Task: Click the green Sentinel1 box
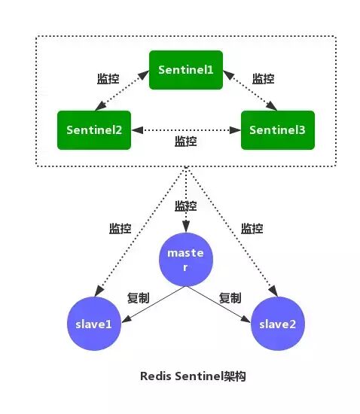coord(186,69)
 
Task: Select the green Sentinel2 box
coord(94,129)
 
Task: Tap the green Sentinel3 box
coord(277,129)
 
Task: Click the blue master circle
coord(185,260)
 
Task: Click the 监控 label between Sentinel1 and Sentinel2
coord(108,78)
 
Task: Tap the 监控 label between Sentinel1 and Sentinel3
coord(263,78)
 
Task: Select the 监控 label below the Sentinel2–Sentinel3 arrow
coord(185,142)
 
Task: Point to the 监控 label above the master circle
coord(185,205)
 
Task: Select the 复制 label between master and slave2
coord(230,297)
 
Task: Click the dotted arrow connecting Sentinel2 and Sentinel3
coord(185,129)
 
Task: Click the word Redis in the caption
coord(155,376)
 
